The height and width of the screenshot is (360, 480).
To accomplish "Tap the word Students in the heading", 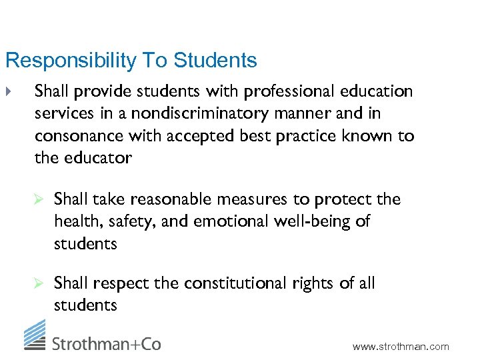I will (x=215, y=61).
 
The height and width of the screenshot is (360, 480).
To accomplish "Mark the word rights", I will (x=313, y=283).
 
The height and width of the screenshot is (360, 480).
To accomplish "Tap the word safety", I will (x=122, y=221).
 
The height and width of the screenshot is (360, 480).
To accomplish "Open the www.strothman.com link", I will (x=401, y=347).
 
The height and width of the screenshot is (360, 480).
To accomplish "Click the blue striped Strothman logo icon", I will (x=35, y=334).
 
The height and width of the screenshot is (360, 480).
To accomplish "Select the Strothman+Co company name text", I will (x=107, y=343).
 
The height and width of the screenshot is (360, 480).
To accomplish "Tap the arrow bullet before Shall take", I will (x=39, y=199).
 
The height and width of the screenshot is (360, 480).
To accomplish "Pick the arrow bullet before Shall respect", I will (x=39, y=283).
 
